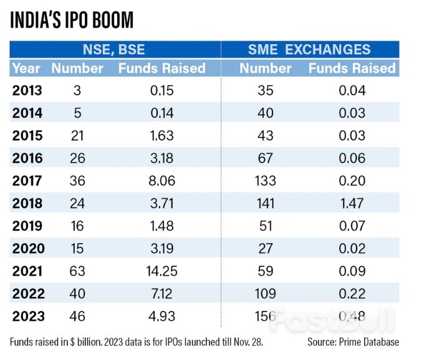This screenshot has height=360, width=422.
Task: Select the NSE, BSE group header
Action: (115, 50)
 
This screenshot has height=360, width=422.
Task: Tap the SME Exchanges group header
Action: (310, 50)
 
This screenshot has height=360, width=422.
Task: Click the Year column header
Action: (27, 68)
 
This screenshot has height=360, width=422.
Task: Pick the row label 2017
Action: (27, 181)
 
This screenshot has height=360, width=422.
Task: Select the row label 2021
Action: (27, 271)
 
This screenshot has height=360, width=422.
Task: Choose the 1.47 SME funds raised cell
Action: (352, 203)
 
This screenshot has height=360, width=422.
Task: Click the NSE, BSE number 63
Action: (78, 271)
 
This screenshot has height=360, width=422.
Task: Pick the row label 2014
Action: (27, 113)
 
